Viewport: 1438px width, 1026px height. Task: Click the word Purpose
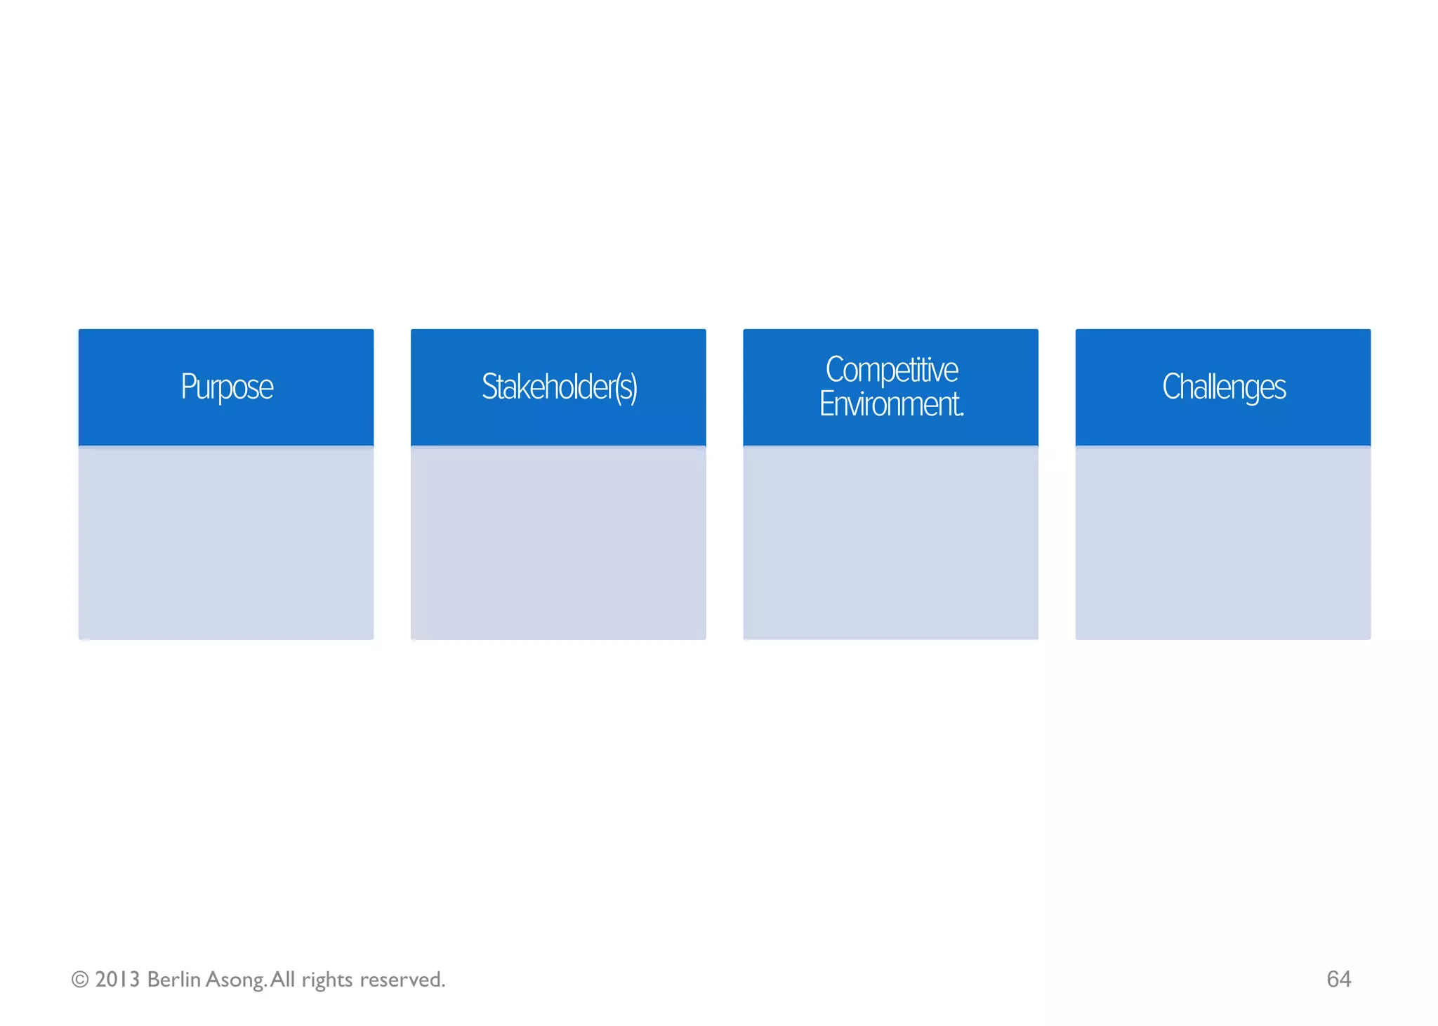coord(227,387)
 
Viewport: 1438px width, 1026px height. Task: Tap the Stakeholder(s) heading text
coord(559,387)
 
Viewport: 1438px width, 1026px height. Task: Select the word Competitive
coord(891,370)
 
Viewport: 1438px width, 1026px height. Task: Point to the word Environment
coord(891,404)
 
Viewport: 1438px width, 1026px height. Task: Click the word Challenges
coord(1224,387)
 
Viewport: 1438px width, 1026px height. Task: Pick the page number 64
coord(1338,979)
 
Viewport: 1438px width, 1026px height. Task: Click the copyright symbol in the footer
coord(80,980)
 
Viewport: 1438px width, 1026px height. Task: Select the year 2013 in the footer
coord(117,980)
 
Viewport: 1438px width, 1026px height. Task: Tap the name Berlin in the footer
coord(173,980)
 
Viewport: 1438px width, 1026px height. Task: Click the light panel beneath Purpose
coord(226,543)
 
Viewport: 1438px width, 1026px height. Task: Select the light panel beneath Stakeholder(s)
coord(558,543)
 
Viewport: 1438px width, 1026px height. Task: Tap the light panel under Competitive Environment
coord(890,543)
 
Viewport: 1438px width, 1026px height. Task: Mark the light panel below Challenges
coord(1223,543)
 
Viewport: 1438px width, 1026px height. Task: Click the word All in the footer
coord(283,980)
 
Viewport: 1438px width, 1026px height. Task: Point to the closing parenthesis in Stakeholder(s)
coord(633,388)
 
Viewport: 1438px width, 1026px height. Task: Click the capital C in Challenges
coord(1172,386)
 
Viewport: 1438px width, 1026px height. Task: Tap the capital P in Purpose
coord(186,386)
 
